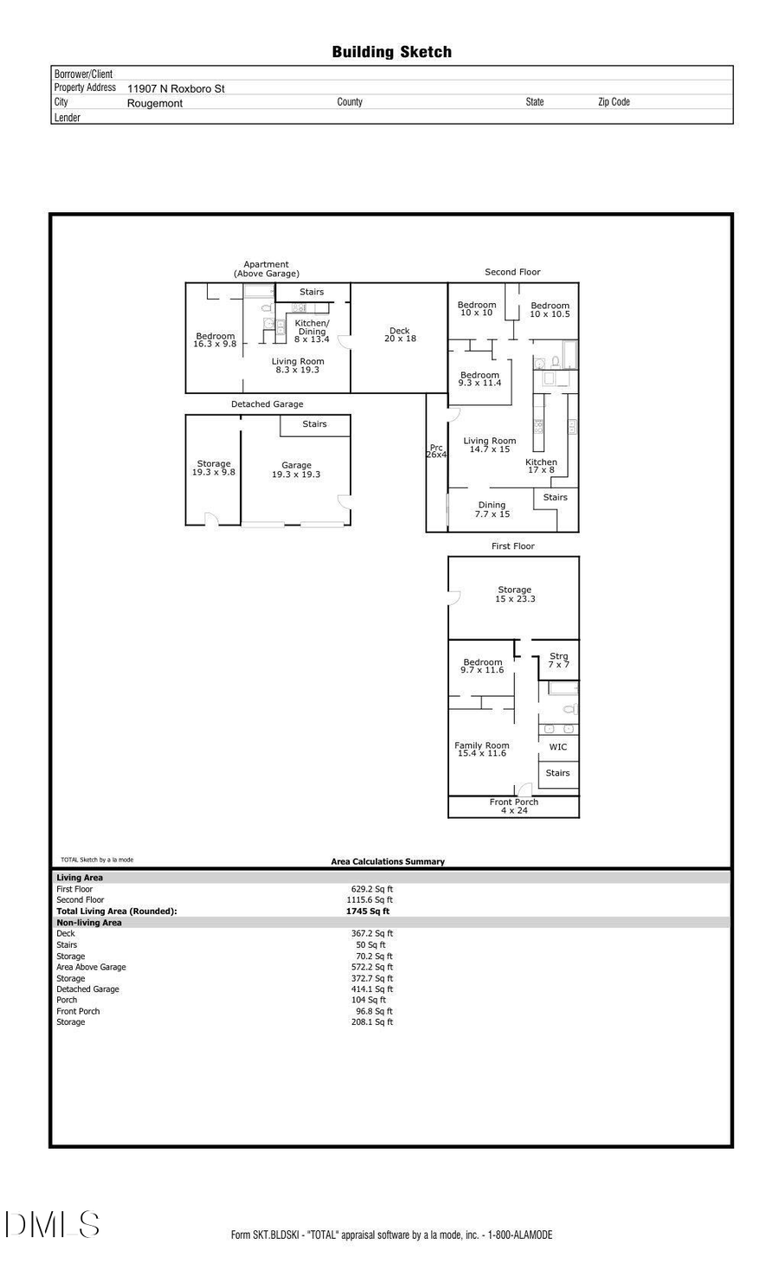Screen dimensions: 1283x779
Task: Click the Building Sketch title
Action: click(391, 52)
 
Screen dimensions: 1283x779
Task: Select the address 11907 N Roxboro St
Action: click(176, 88)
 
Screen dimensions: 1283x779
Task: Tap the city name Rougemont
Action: click(155, 103)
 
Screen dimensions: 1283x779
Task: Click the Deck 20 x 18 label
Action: click(400, 335)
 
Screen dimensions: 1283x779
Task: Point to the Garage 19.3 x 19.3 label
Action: click(296, 470)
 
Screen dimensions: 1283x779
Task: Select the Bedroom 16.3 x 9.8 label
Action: click(215, 340)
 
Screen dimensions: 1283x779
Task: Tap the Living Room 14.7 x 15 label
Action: click(489, 445)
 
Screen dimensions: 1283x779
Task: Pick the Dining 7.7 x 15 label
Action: click(492, 510)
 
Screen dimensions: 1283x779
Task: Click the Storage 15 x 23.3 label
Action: click(514, 594)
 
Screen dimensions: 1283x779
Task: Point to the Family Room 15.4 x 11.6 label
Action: click(482, 750)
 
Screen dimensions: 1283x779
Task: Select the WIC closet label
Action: click(558, 747)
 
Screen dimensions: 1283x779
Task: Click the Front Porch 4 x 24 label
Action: click(513, 806)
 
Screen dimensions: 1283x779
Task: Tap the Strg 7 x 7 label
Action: click(558, 661)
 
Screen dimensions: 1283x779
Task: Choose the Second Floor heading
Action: click(512, 272)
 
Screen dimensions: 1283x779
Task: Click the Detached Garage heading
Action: click(267, 404)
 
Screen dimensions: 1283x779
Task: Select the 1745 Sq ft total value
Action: click(368, 911)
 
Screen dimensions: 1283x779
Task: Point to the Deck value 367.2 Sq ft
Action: click(371, 933)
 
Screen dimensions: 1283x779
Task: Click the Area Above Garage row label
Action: click(91, 967)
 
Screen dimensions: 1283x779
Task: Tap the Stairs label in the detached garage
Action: click(314, 424)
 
